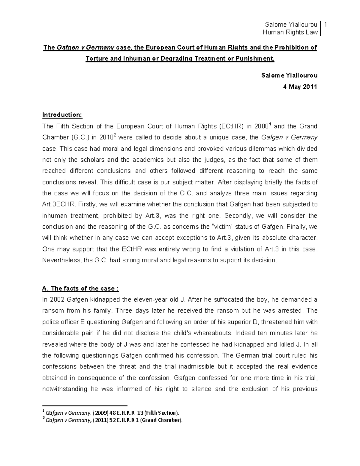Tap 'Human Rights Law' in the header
tap(290, 32)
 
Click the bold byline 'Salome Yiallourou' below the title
tap(289, 76)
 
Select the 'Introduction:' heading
tap(62, 115)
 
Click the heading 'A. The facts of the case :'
tap(81, 289)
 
